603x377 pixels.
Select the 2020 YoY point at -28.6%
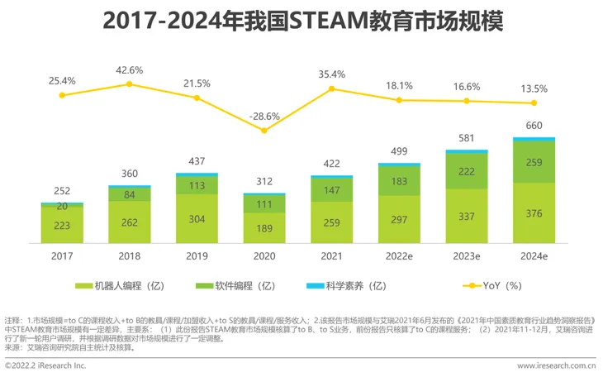[x=264, y=130]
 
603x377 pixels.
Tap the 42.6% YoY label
[x=130, y=69]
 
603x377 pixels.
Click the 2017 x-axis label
[x=62, y=256]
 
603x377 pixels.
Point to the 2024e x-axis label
[x=534, y=256]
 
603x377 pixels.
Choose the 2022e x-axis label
[x=399, y=256]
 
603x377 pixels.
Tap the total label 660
[x=534, y=126]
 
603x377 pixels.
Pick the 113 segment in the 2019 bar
[x=197, y=184]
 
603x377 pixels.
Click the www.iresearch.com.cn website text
[x=556, y=365]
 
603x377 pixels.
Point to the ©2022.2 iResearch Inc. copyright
[x=46, y=365]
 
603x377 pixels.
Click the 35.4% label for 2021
[x=332, y=74]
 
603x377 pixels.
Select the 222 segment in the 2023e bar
[x=467, y=170]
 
